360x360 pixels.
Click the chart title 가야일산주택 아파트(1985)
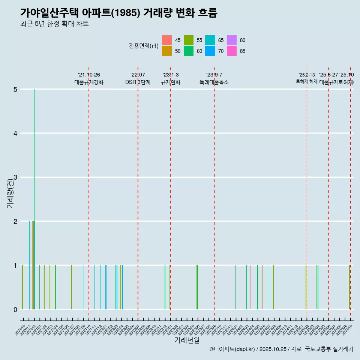point(118,13)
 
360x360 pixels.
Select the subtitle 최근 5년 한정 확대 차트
point(54,24)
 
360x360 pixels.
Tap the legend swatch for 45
point(167,40)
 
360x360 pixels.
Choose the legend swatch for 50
point(167,51)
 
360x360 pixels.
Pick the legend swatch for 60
point(189,51)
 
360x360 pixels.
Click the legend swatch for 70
point(210,51)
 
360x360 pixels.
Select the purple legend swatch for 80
point(232,40)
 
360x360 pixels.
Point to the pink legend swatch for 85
point(232,51)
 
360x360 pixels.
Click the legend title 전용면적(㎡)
point(144,46)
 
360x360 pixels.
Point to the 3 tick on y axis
point(15,177)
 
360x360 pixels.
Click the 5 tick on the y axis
point(15,89)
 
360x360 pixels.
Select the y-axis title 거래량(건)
point(10,193)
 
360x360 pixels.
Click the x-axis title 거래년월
point(187,340)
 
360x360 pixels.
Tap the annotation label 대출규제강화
point(88,82)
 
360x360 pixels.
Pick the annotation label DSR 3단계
point(138,82)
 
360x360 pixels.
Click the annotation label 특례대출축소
point(214,82)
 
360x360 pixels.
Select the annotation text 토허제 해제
point(306,81)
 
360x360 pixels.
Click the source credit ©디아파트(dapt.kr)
point(232,349)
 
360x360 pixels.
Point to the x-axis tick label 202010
point(20,330)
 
